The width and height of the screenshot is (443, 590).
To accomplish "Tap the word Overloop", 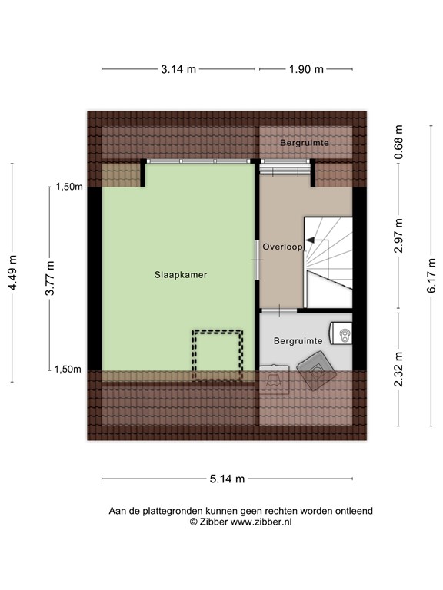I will point(283,247).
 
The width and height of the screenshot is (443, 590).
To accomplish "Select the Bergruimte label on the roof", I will point(305,143).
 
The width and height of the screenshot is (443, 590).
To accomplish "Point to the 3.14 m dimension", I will point(178,69).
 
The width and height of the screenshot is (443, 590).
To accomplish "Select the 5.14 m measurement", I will point(227,479).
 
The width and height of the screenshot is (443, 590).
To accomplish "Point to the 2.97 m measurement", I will point(398,236).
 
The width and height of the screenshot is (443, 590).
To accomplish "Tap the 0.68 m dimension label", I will point(398,142).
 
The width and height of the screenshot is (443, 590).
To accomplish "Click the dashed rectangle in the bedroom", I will point(218,355).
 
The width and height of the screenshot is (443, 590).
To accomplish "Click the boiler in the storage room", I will point(344,334).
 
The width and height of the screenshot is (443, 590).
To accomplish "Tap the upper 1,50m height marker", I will point(68,187).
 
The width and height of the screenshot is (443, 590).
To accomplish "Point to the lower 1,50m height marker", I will point(68,369).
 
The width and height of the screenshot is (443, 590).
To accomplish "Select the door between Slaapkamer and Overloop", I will point(258,260).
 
